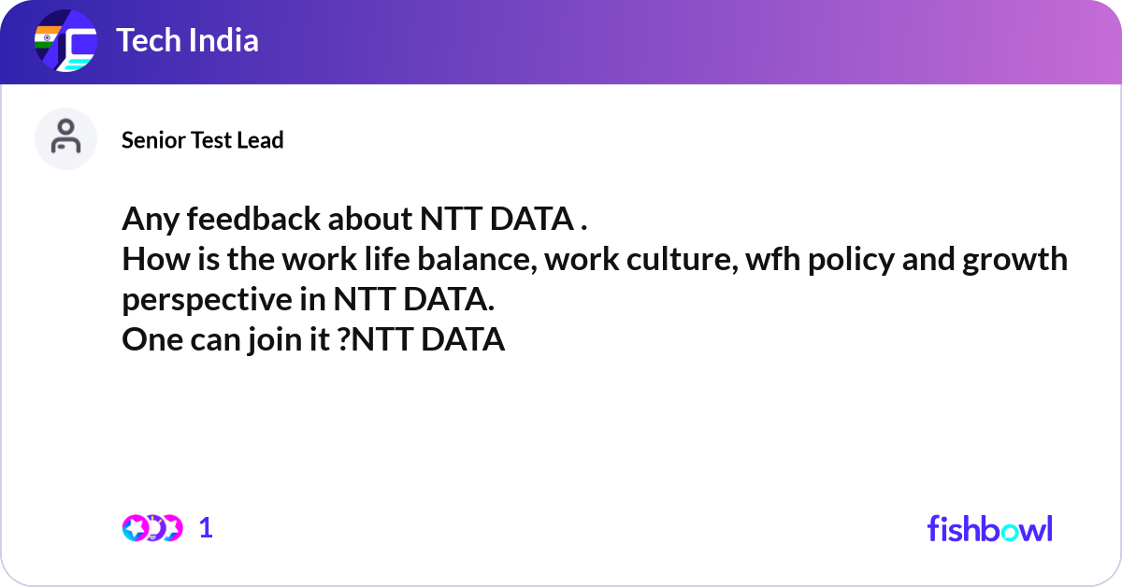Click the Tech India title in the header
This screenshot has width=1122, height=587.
pyautogui.click(x=187, y=41)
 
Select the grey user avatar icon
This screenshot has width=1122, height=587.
pyautogui.click(x=65, y=138)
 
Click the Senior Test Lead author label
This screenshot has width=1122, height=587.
pyautogui.click(x=202, y=140)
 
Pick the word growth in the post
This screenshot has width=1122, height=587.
pyautogui.click(x=1016, y=260)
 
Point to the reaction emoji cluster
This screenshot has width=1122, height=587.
pyautogui.click(x=151, y=528)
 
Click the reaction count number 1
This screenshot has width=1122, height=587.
pyautogui.click(x=206, y=528)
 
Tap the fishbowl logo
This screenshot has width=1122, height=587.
pyautogui.click(x=989, y=528)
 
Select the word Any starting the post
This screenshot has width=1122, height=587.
pyautogui.click(x=151, y=220)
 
